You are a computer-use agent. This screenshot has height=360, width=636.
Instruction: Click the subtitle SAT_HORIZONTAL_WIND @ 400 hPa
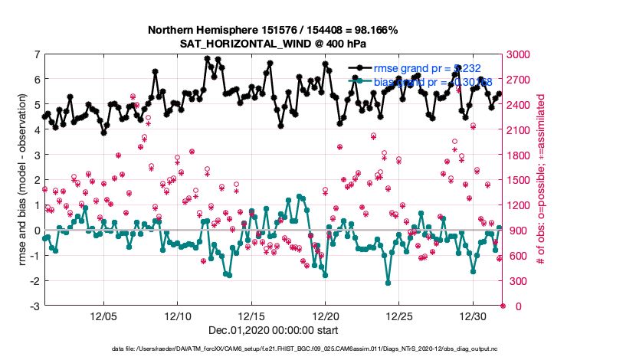click(273, 43)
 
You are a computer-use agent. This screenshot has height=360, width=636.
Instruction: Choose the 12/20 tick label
click(326, 316)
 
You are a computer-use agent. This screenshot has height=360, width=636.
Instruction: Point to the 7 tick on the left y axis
click(36, 54)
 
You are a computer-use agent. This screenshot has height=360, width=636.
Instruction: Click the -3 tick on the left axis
click(34, 306)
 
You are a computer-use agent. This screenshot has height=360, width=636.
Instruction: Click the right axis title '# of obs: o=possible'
click(541, 180)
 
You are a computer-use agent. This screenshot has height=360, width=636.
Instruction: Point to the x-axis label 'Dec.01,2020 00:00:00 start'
click(273, 331)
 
